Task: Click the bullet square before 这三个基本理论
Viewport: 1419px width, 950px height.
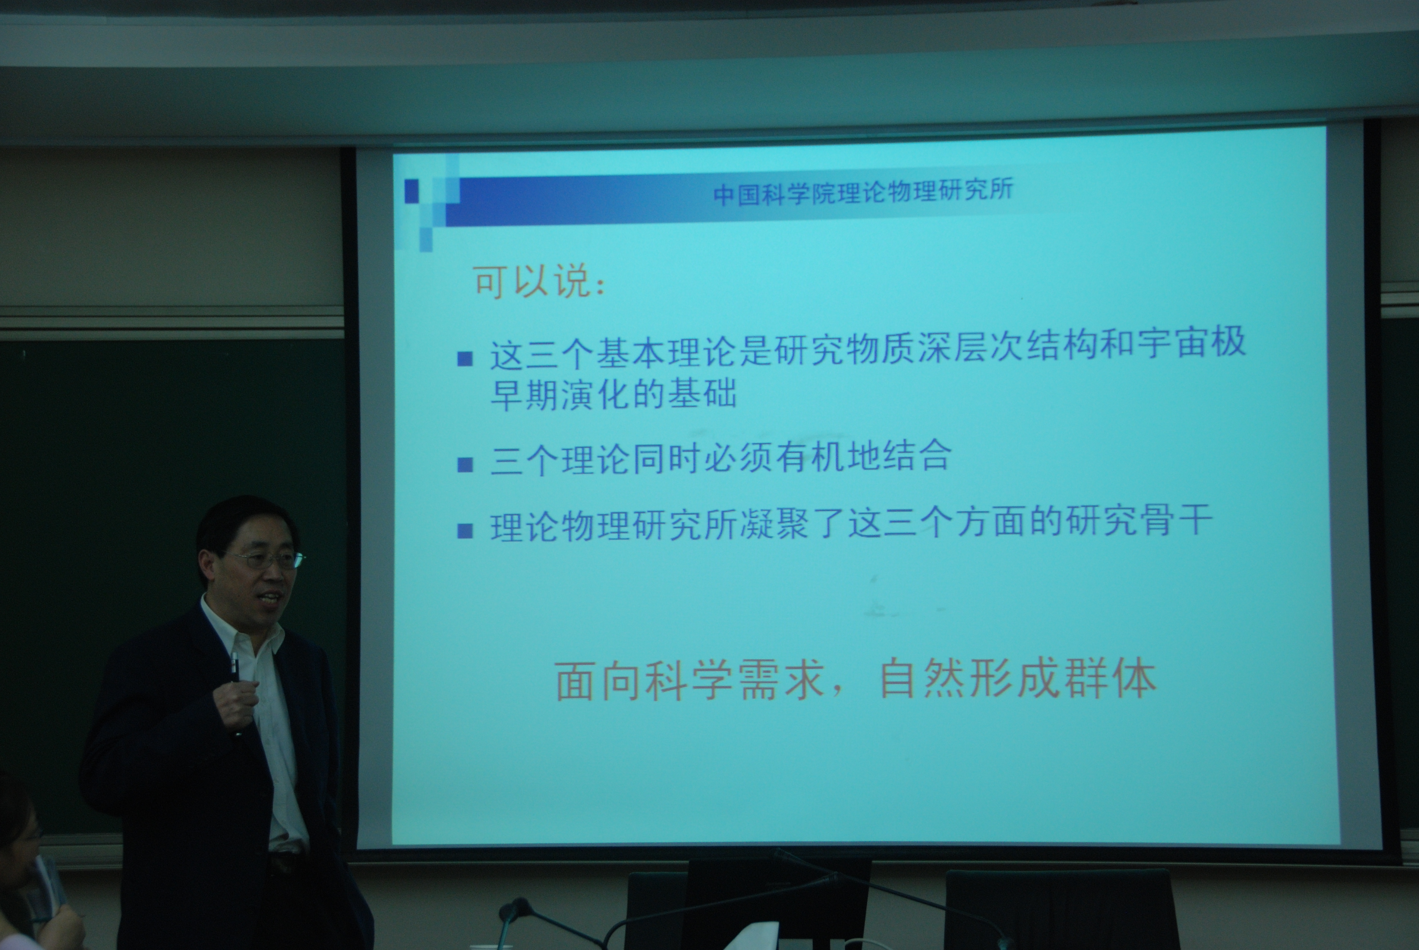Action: click(465, 359)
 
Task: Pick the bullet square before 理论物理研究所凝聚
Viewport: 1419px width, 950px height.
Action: click(465, 531)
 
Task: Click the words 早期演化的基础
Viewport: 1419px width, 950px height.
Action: click(613, 394)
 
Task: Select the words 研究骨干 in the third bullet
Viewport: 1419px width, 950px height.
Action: click(1139, 520)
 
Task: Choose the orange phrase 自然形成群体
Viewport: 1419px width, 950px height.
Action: click(1017, 678)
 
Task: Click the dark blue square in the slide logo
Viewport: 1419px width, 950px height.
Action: click(411, 191)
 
